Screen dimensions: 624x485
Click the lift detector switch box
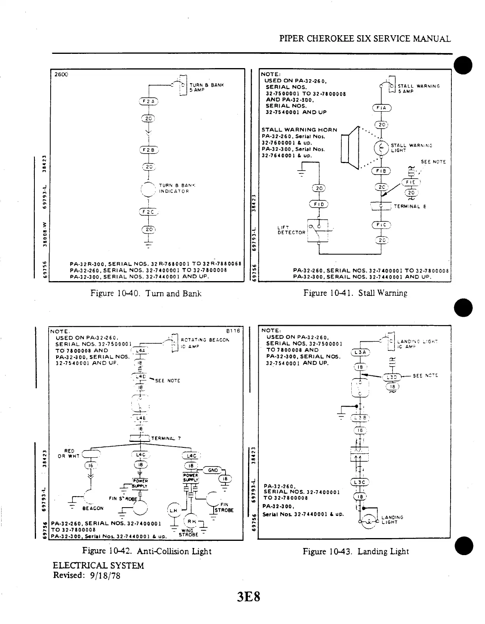pyautogui.click(x=318, y=231)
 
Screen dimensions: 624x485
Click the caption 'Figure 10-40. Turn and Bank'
pyautogui.click(x=146, y=293)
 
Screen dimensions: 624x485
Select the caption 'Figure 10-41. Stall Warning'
pyautogui.click(x=355, y=293)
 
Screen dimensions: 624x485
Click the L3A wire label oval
pyautogui.click(x=360, y=352)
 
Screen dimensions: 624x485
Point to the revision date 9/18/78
pyautogui.click(x=105, y=575)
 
